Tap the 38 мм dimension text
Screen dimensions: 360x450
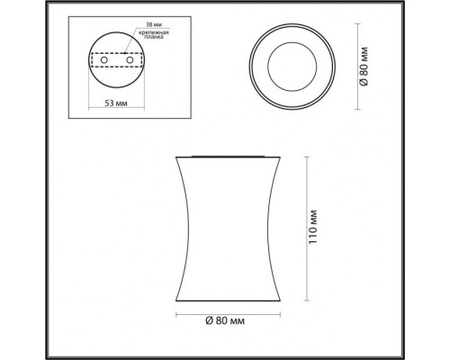coord(147,26)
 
